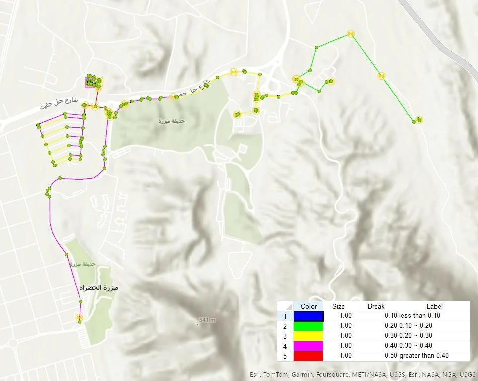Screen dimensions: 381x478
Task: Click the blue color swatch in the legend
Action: tap(308, 316)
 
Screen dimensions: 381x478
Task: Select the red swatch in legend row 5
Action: tap(308, 356)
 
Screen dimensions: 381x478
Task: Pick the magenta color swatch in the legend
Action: tap(308, 346)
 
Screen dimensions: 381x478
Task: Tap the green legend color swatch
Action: tap(308, 326)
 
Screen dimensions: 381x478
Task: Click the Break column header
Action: tap(376, 306)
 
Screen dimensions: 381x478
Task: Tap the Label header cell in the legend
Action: tap(434, 306)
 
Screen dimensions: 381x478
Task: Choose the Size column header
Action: tap(338, 306)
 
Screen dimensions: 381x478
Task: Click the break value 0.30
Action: tap(391, 336)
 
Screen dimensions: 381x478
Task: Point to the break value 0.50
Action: tap(391, 356)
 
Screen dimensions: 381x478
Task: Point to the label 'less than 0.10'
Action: tap(420, 316)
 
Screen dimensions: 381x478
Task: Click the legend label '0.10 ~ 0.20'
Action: tap(417, 326)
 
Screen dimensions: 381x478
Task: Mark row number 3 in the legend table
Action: tap(285, 336)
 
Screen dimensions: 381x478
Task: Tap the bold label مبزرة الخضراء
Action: tap(101, 288)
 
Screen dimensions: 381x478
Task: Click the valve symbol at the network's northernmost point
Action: tap(351, 33)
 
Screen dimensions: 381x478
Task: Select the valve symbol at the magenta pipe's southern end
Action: tap(79, 317)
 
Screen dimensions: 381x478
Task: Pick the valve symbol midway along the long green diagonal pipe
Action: tap(381, 76)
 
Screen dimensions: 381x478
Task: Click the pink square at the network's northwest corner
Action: tap(91, 82)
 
